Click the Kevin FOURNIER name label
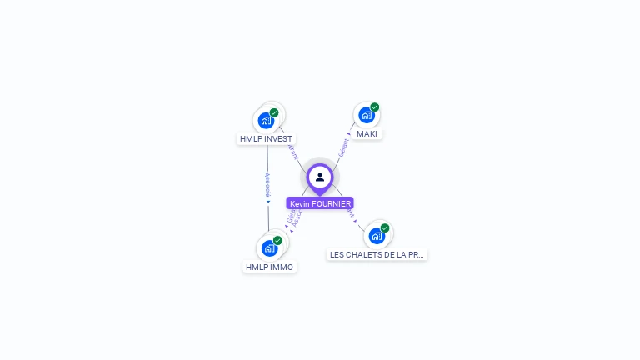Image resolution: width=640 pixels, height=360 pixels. [320, 203]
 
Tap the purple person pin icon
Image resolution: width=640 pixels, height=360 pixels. [320, 177]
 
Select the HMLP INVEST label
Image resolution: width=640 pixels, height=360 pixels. [266, 139]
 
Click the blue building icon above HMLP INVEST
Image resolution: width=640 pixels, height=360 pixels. [266, 120]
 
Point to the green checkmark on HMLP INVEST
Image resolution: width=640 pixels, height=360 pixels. [274, 112]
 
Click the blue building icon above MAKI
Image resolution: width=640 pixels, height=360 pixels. [366, 115]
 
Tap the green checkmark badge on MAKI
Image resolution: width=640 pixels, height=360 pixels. [375, 107]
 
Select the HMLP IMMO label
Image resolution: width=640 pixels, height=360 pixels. [269, 267]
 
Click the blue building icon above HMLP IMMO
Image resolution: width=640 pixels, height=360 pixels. [269, 247]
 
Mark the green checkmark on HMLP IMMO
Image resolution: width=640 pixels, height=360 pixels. [277, 240]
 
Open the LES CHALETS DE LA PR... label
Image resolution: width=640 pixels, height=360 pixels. [377, 255]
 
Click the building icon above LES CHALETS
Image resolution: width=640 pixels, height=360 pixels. [377, 236]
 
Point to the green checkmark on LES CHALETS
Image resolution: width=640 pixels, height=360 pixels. [385, 228]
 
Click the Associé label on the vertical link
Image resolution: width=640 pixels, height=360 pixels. [267, 184]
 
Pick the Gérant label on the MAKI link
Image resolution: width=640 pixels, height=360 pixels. [342, 147]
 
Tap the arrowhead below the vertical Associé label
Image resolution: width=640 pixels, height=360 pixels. [267, 202]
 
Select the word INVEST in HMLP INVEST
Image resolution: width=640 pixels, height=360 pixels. [279, 139]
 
